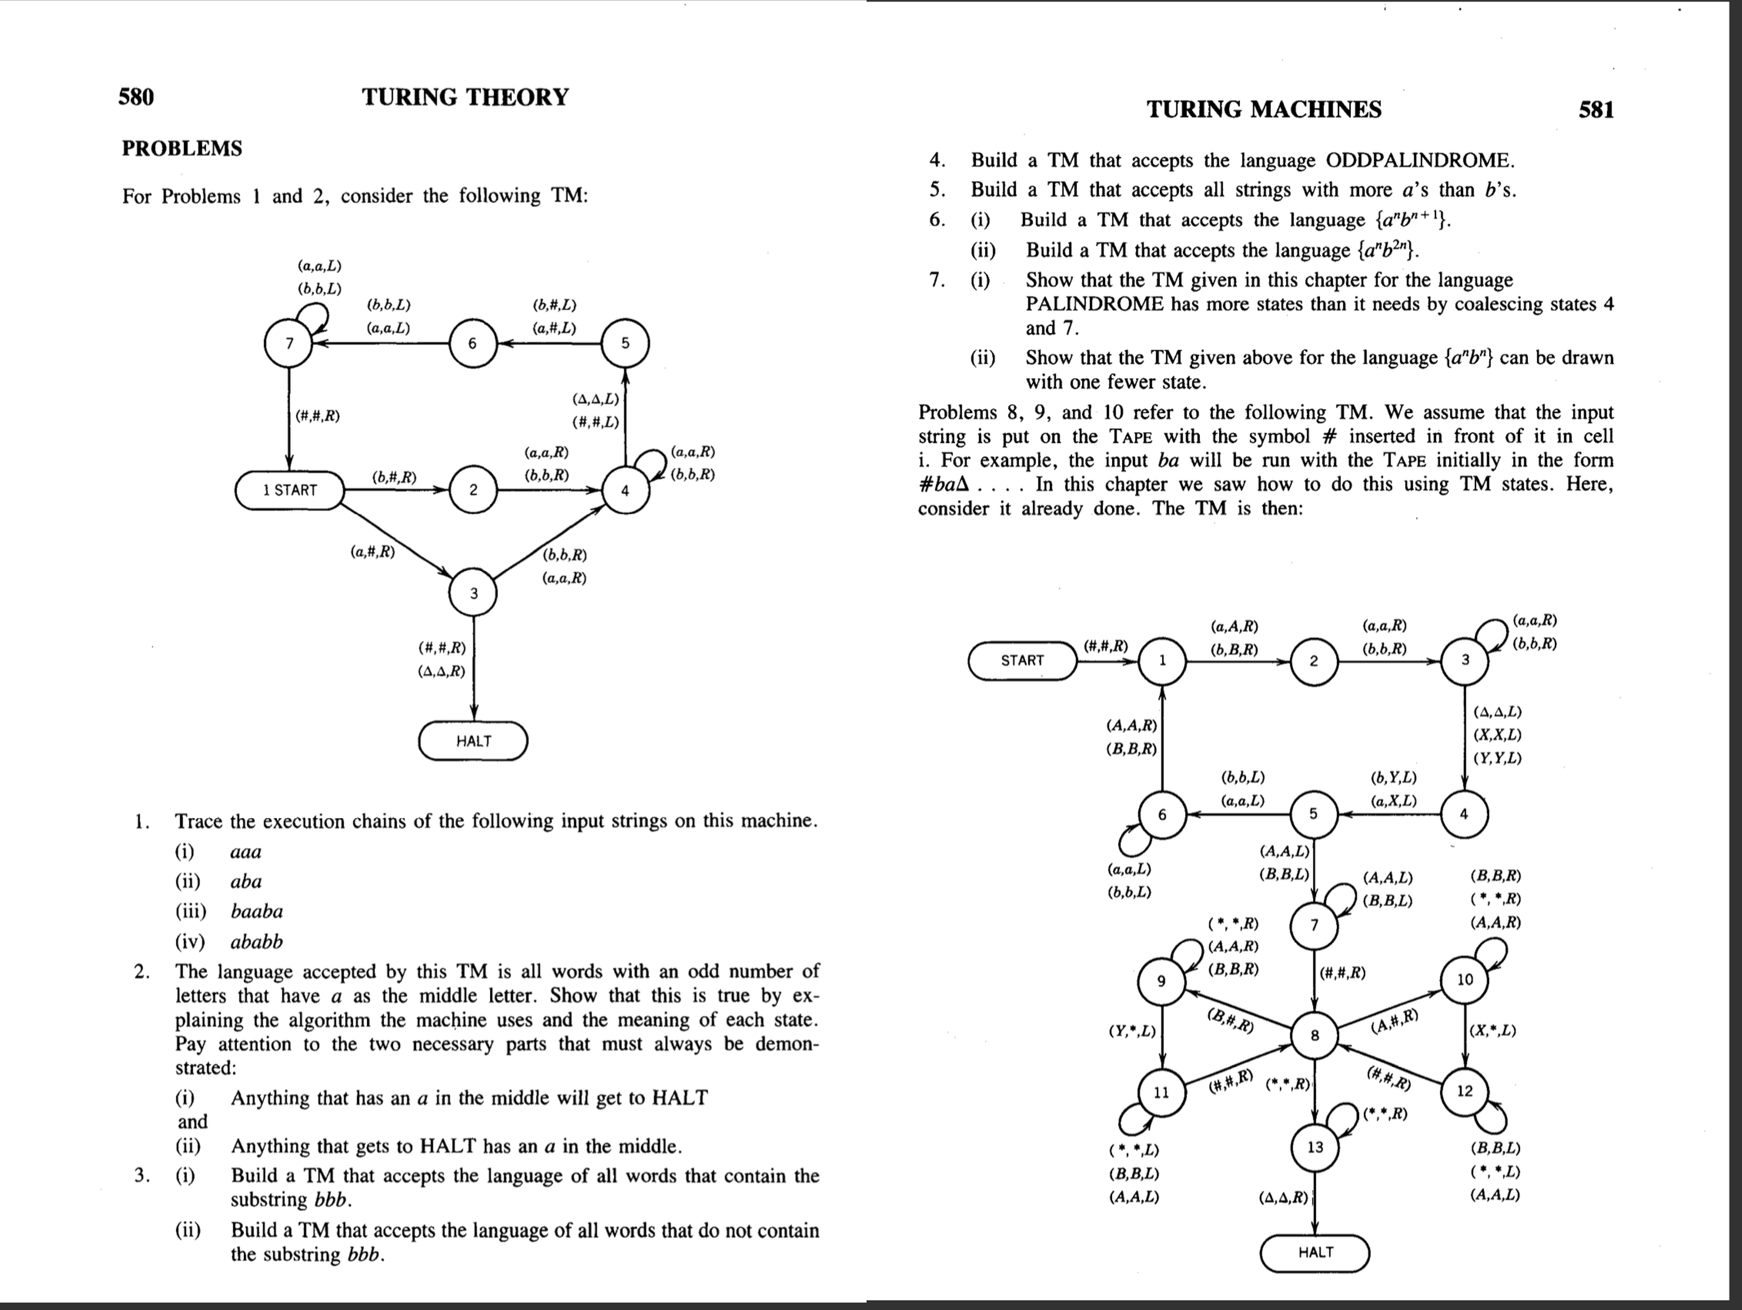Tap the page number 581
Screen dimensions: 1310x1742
pos(1595,109)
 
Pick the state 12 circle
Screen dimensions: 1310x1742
pos(1464,1091)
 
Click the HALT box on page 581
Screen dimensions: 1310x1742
pos(1315,1253)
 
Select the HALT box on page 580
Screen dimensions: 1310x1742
pos(473,741)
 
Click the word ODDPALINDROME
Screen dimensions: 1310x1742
pos(1419,161)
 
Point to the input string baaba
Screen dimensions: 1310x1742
pos(257,911)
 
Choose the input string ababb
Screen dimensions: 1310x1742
pos(257,941)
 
